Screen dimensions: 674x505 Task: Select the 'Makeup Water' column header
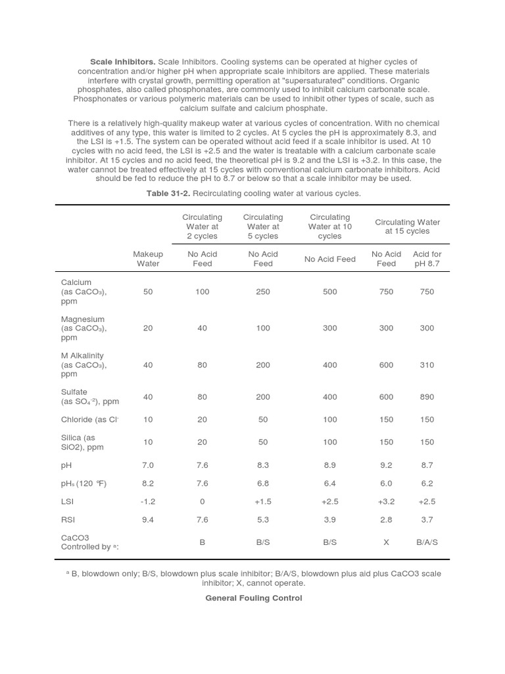tap(148, 259)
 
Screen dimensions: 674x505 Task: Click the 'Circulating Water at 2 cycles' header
tap(203, 226)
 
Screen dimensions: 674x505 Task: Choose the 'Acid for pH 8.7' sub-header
tap(427, 259)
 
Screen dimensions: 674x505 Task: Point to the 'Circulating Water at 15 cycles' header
tap(407, 226)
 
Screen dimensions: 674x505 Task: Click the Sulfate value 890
tap(427, 397)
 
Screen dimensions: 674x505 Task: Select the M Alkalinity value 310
tap(427, 365)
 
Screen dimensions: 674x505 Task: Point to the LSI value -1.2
tap(148, 502)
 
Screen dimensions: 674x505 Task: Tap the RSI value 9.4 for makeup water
tap(148, 520)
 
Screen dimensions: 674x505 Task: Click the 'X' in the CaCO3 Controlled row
tap(386, 542)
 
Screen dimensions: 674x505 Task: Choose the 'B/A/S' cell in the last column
tap(427, 542)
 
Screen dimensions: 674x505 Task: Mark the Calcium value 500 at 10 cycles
tap(329, 292)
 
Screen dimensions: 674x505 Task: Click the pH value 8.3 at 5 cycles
tap(263, 465)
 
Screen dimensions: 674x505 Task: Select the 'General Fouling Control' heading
tap(254, 598)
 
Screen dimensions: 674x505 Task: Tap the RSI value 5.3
tap(263, 520)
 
